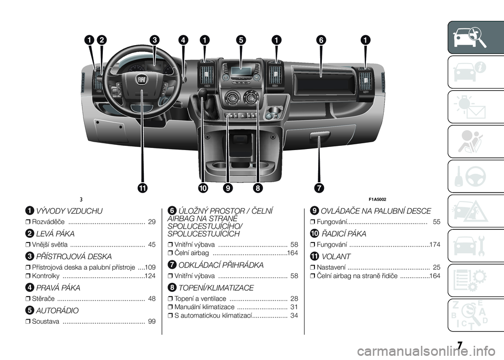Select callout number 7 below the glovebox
[319, 188]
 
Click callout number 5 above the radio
[240, 40]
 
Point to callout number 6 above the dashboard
[321, 40]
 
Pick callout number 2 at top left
[101, 40]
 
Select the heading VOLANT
[336, 257]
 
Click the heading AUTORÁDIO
[57, 311]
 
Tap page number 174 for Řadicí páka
[435, 245]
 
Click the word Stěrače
[44, 299]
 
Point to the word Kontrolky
[46, 276]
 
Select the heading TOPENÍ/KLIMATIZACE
[216, 288]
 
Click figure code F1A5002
[377, 199]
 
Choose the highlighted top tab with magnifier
[476, 37]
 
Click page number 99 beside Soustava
[152, 321]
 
